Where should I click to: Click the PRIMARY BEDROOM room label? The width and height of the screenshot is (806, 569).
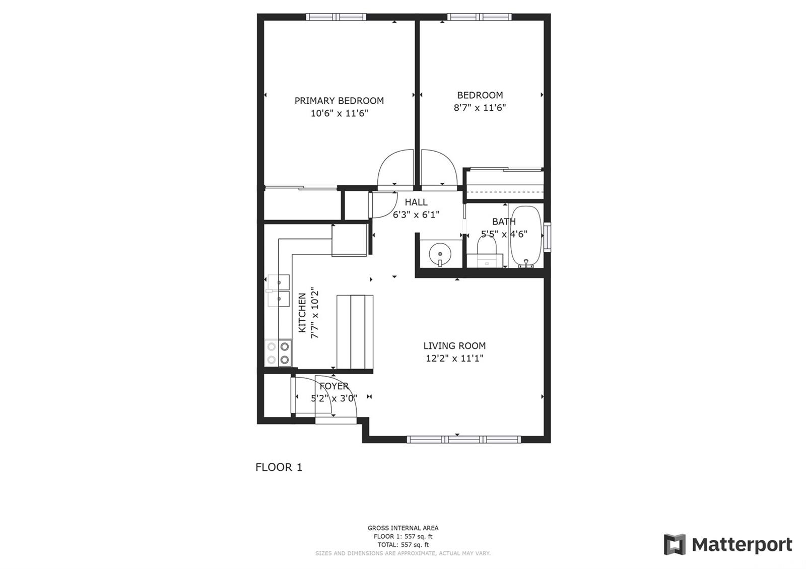point(339,101)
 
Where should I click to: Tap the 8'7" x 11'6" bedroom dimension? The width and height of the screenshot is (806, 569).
point(480,108)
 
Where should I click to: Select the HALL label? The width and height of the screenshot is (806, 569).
point(416,202)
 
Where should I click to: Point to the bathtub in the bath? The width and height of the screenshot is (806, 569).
point(526,237)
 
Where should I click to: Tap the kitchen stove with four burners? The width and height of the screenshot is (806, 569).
point(278,353)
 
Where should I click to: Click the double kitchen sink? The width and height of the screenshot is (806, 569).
point(278,291)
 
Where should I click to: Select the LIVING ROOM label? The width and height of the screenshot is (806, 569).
point(454,345)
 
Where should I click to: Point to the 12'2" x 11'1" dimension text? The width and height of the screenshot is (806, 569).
point(454,358)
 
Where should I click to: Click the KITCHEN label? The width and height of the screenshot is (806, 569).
point(302,313)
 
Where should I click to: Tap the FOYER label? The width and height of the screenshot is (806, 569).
point(334,386)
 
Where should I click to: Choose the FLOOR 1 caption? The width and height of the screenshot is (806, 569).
point(279,467)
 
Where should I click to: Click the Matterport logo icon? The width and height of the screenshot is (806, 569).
point(675,544)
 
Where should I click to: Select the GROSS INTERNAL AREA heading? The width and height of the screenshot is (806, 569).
point(403,528)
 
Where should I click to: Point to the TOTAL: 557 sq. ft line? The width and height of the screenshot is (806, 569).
point(403,545)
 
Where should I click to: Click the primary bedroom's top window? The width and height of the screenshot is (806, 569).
point(336,17)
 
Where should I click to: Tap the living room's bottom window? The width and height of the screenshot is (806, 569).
point(464,439)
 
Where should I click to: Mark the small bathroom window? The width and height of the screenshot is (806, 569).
point(547,237)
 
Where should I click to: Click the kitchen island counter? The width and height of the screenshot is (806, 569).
point(355,332)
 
